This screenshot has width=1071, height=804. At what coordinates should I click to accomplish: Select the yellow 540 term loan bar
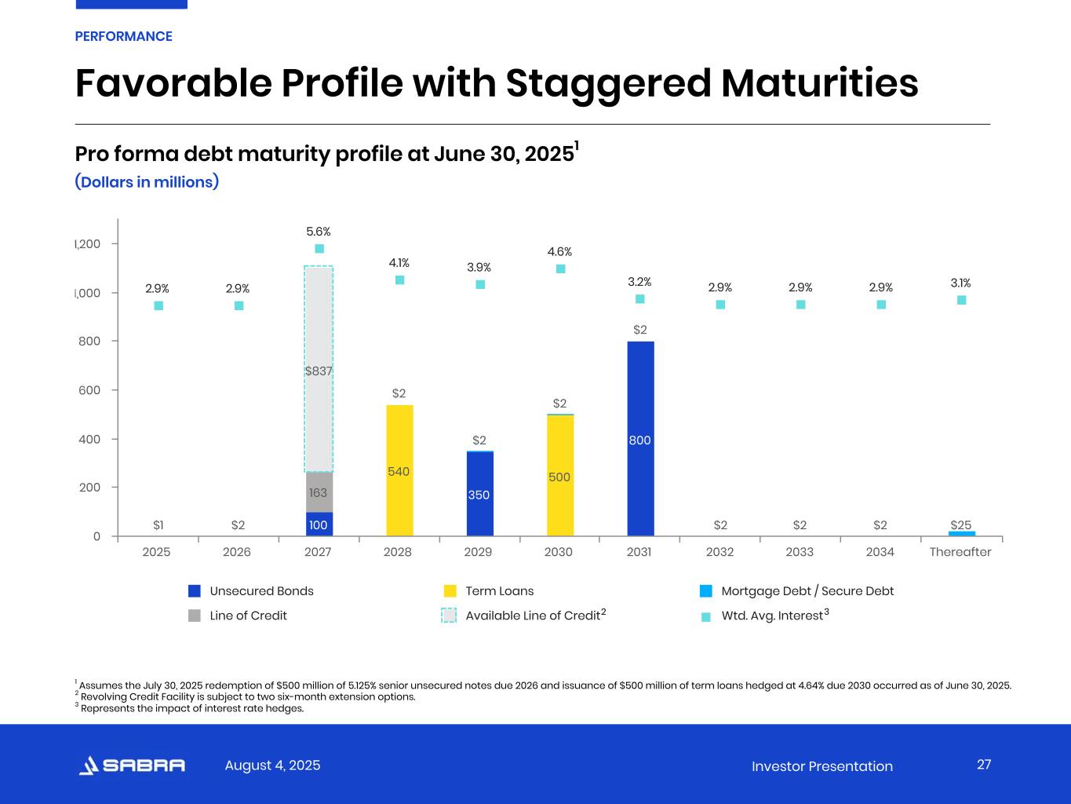(x=399, y=470)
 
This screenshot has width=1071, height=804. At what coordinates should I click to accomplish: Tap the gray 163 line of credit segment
(x=319, y=492)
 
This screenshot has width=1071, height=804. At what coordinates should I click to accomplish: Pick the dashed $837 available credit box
(x=319, y=369)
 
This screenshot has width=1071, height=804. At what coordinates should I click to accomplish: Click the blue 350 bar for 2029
(x=479, y=494)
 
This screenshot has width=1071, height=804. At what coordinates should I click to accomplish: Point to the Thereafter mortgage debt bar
(x=961, y=534)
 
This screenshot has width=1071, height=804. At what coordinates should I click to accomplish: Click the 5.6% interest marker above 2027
(x=319, y=249)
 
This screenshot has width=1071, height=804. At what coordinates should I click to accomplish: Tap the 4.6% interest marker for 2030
(x=560, y=269)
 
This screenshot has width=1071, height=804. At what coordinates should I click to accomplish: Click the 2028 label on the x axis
(x=398, y=552)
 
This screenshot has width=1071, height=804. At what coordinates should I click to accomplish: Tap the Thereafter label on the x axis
(x=960, y=552)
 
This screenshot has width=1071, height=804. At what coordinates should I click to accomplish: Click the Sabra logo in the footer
(x=132, y=766)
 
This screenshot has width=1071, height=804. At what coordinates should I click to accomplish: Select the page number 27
(x=984, y=765)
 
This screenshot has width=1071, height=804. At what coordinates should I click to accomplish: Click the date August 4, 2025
(x=272, y=766)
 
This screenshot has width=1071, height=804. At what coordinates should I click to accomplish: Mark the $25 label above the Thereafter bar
(x=961, y=524)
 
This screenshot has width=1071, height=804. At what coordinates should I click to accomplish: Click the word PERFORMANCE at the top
(x=123, y=36)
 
